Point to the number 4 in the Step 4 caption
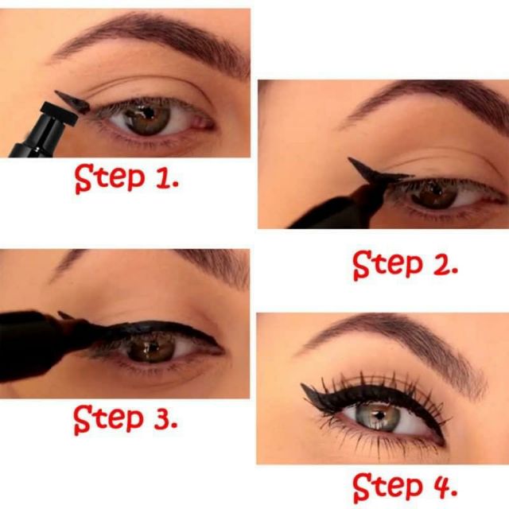tap(441, 484)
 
